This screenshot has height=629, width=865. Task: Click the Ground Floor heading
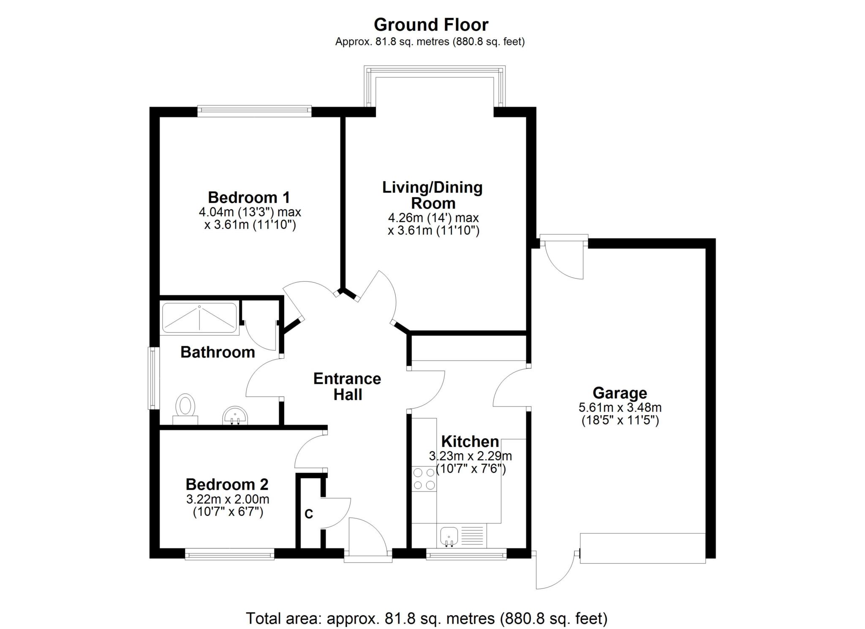431,25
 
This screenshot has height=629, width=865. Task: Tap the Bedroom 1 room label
249,197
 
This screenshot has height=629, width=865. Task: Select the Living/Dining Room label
432,195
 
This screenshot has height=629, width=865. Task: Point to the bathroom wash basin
235,415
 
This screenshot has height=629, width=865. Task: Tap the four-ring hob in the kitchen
424,479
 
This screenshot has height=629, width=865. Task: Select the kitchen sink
448,536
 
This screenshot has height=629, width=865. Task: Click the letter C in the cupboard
309,514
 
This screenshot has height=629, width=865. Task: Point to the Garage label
620,393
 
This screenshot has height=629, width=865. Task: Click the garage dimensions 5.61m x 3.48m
620,408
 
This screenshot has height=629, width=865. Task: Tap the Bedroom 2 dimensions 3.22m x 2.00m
228,499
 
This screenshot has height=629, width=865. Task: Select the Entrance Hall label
347,387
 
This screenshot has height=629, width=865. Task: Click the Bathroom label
218,352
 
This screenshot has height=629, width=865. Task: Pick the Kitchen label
470,441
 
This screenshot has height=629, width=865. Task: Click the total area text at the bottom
427,618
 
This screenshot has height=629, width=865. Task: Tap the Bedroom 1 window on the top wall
254,111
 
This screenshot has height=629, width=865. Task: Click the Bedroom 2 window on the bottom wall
230,554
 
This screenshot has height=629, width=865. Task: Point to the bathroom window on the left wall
153,378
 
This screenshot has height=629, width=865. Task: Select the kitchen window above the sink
466,554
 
